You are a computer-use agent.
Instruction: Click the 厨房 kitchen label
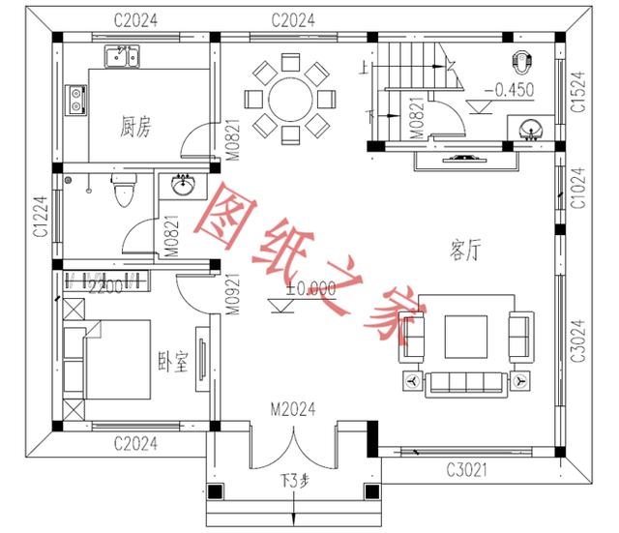click(x=135, y=126)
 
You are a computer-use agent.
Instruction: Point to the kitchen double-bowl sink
click(x=123, y=57)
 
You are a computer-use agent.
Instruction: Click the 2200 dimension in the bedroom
click(x=105, y=285)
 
